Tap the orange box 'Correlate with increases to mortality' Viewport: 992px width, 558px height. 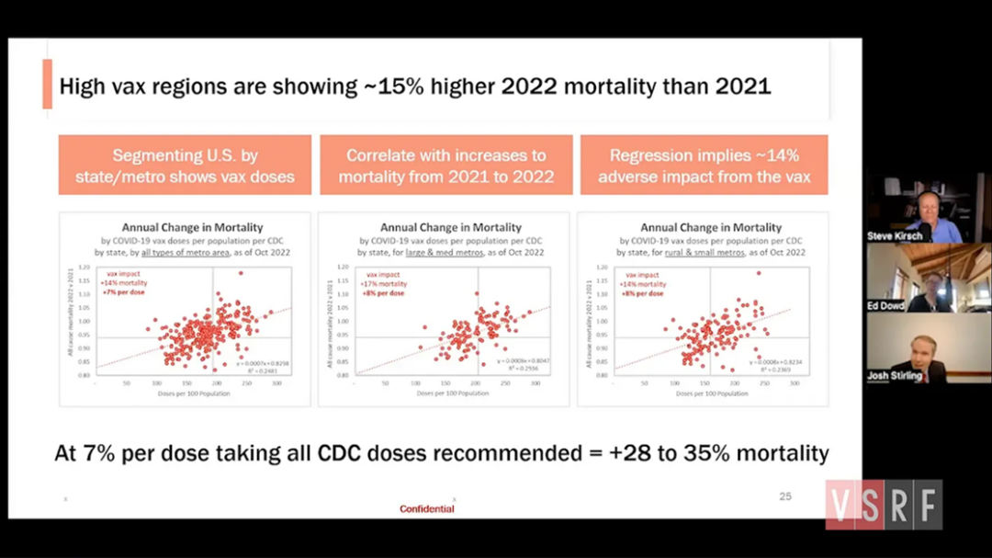(x=445, y=165)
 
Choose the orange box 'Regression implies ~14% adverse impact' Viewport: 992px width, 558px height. (x=704, y=165)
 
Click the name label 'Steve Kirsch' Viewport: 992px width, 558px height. (x=895, y=236)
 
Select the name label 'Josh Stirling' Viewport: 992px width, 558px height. (x=895, y=376)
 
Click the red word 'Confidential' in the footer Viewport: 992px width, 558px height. (x=426, y=508)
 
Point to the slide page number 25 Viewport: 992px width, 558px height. (x=784, y=496)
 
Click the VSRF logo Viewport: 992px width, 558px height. (x=883, y=505)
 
